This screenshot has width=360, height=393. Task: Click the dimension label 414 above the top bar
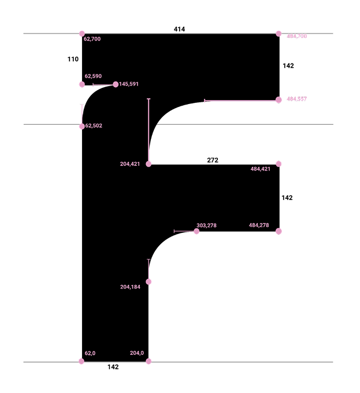[x=179, y=29]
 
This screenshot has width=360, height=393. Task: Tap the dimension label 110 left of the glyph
[x=73, y=59]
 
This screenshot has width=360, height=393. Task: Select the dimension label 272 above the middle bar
[x=213, y=160]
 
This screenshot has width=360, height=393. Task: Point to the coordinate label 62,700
[x=92, y=39]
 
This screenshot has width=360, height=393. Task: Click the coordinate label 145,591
[x=129, y=84]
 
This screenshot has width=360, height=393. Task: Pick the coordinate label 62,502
[x=94, y=125]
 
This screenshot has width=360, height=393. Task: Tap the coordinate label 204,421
[x=130, y=164]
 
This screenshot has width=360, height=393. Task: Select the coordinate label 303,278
[x=206, y=225]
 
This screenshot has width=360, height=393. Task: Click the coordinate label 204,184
[x=130, y=287]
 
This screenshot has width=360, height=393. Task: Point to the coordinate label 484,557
[x=297, y=99]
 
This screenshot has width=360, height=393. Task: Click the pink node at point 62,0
[x=81, y=361]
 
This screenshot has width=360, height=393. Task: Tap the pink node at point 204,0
[x=149, y=361]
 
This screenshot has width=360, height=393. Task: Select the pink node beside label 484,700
[x=279, y=34]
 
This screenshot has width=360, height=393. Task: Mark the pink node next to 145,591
[x=116, y=84]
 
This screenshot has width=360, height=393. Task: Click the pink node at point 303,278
[x=196, y=231]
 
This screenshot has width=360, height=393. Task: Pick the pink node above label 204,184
[x=149, y=281]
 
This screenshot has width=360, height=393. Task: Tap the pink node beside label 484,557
[x=279, y=100]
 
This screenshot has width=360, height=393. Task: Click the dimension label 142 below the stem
[x=113, y=367]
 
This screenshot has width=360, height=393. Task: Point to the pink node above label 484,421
[x=279, y=164]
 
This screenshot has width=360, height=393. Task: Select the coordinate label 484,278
[x=259, y=225]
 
